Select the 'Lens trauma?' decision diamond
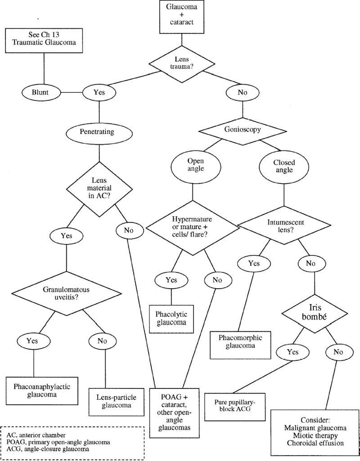(181, 63)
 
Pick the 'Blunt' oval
(40, 92)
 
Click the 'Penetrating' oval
(99, 132)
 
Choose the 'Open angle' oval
(193, 166)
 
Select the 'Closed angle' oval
(283, 166)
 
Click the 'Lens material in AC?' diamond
(99, 189)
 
